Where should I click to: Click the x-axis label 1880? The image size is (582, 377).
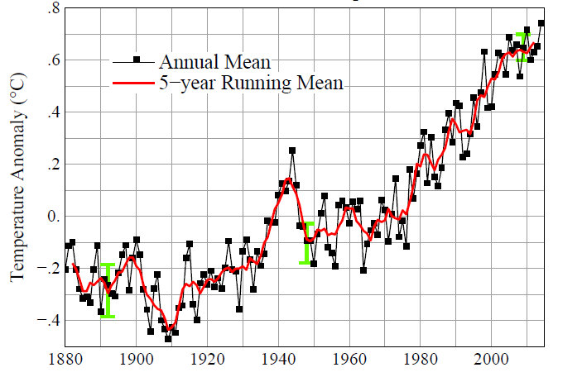[65, 360]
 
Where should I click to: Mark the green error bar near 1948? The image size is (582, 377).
[307, 242]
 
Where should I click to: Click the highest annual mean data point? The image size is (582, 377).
[541, 23]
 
